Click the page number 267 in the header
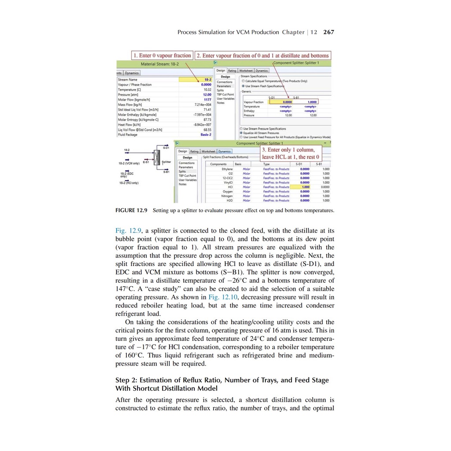click(x=329, y=32)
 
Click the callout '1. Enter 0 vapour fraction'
click(x=163, y=55)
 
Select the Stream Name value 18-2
click(x=207, y=80)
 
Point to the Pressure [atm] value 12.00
click(x=207, y=95)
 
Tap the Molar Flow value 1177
click(x=207, y=100)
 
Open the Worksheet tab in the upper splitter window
click(x=246, y=70)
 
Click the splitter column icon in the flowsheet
click(x=156, y=156)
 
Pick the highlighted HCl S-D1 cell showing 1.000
click(x=304, y=187)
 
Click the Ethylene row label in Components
click(x=227, y=169)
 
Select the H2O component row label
click(x=229, y=200)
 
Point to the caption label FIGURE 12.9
click(x=131, y=211)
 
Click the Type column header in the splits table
click(x=266, y=164)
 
